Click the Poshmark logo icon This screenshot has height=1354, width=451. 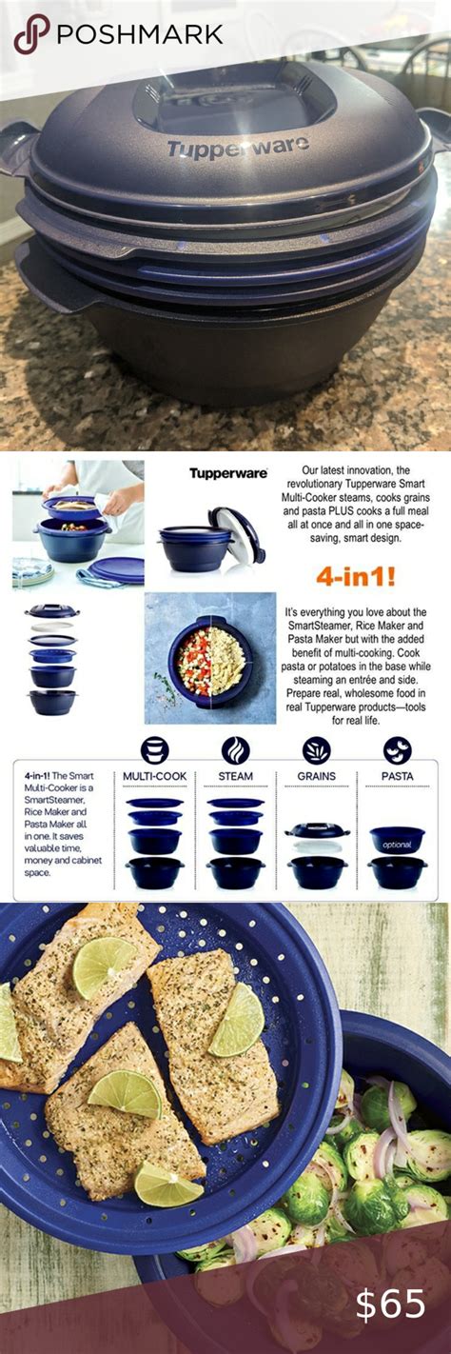[x=30, y=34]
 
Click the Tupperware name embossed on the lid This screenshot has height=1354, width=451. [x=238, y=147]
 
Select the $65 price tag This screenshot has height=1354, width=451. [x=390, y=1305]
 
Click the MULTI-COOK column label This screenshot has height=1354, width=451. [x=154, y=776]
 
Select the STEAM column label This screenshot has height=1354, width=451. [x=235, y=776]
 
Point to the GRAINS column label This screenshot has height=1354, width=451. [x=317, y=776]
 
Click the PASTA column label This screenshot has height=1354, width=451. [x=397, y=776]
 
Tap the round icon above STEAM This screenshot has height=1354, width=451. [x=235, y=749]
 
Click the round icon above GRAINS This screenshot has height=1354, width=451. [x=317, y=749]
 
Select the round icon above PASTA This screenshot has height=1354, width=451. [x=397, y=749]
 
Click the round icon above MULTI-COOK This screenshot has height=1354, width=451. [x=154, y=749]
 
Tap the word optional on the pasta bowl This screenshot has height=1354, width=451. [x=397, y=844]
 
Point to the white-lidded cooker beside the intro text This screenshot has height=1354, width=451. [x=198, y=539]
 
